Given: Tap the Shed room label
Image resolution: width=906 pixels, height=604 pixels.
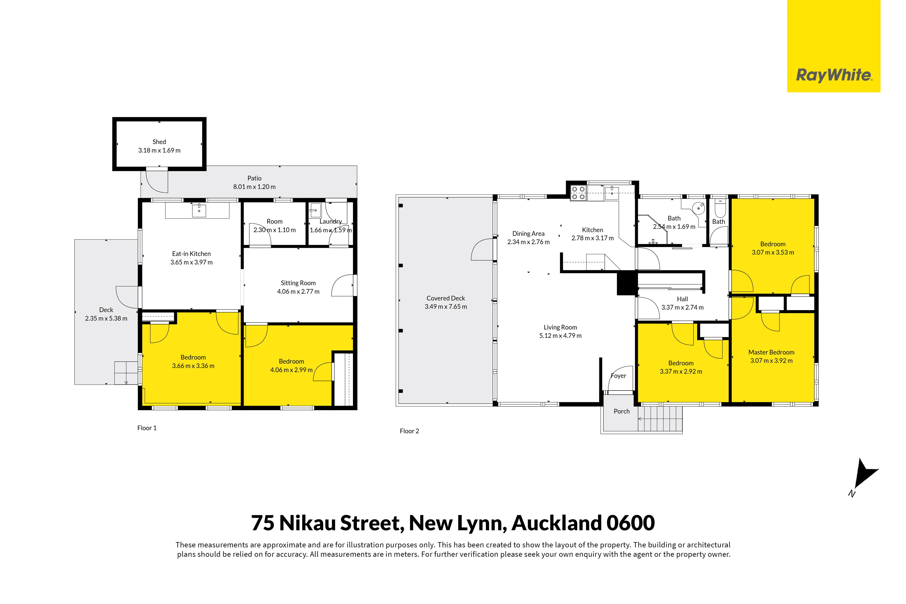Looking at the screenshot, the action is pyautogui.click(x=159, y=142).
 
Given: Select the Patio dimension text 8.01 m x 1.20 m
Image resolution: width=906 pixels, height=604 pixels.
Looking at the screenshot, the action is pyautogui.click(x=254, y=187).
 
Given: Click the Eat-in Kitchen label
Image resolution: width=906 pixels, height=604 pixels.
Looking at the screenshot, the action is pyautogui.click(x=192, y=254).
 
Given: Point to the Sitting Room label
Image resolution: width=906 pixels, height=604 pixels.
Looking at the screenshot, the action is pyautogui.click(x=298, y=283).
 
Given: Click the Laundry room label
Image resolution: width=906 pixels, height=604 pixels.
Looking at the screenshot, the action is pyautogui.click(x=331, y=222).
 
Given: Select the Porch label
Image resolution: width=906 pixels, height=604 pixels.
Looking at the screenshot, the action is pyautogui.click(x=622, y=411).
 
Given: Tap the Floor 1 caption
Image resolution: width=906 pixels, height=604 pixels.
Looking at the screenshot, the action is pyautogui.click(x=147, y=428).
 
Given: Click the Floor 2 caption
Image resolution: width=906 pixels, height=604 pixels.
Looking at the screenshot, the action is pyautogui.click(x=409, y=431).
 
